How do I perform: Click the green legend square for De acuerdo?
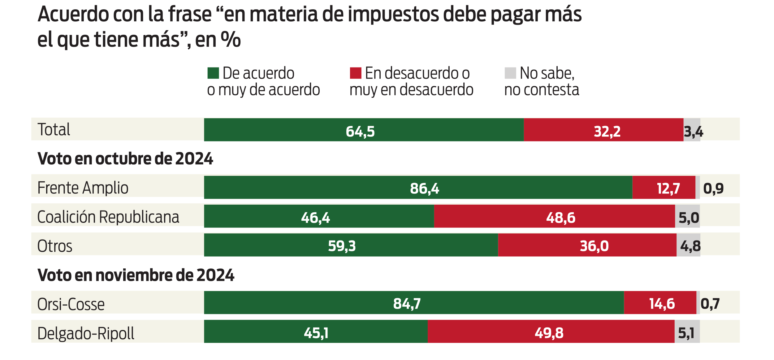pos(213,73)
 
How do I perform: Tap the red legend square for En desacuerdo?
pos(356,73)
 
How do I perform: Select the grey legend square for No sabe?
pos(510,73)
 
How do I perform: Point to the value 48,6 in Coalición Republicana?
pos(560,218)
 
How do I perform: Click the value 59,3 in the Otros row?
pos(342,246)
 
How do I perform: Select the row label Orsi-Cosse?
pos(71,304)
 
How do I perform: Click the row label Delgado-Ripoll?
pos(86,333)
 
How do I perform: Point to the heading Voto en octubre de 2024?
pos(125,159)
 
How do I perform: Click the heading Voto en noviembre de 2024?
pos(136,275)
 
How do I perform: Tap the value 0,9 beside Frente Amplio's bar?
pos(713,189)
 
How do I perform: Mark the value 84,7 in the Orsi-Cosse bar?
pos(407,304)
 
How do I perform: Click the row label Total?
pos(54,129)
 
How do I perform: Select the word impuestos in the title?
pos(393,15)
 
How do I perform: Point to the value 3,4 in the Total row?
pos(693,132)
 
